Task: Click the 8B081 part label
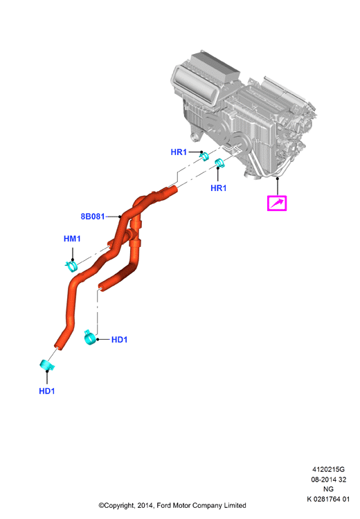click(x=92, y=217)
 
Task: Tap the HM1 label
click(x=72, y=239)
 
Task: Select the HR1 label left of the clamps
click(x=179, y=152)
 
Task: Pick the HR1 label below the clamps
click(x=218, y=188)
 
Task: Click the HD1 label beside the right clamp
click(x=119, y=340)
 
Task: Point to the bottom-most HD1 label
click(x=46, y=391)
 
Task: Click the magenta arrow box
click(x=277, y=203)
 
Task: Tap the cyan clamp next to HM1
click(x=71, y=266)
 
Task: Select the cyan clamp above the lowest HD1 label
click(x=46, y=365)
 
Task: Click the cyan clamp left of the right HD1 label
click(x=89, y=337)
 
